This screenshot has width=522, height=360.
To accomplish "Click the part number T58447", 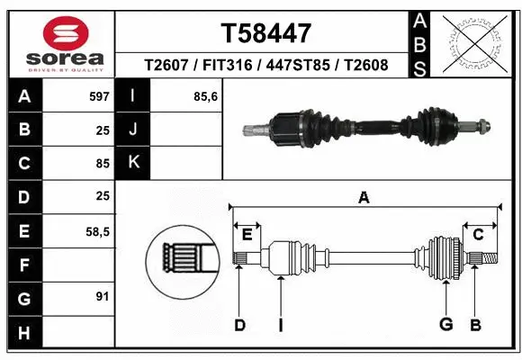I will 266,33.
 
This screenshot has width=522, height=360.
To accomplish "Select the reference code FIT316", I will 227,65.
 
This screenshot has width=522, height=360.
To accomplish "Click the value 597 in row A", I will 98,95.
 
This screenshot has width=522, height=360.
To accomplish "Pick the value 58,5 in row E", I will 97,231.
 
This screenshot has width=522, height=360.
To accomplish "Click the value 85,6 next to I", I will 206,95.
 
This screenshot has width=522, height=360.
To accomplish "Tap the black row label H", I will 23,333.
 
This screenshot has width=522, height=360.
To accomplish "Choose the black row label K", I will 133,162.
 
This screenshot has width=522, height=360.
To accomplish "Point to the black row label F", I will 23,265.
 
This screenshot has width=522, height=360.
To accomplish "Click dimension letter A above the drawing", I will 364,198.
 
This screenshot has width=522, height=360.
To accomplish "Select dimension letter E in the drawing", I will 247,235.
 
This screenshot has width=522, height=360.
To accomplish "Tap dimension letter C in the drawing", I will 479,235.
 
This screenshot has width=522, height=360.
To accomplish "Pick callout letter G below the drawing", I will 445,325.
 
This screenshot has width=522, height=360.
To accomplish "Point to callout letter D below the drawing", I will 239,325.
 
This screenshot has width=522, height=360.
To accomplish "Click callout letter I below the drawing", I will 280,325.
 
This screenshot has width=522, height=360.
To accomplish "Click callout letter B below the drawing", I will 476,325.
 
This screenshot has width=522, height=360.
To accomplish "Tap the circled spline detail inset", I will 183,259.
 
